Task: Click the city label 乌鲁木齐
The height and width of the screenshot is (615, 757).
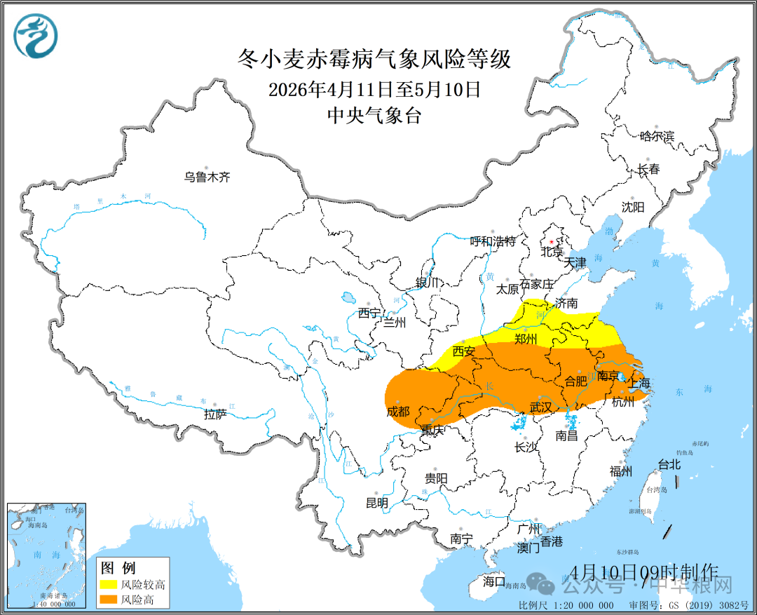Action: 207,177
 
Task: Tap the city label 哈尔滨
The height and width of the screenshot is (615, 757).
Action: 657,136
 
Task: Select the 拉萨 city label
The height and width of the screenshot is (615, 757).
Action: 215,414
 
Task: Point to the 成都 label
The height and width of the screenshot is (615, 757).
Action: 397,412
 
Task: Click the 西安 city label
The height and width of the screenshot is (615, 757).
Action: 464,351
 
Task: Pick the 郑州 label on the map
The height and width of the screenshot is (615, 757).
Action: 526,339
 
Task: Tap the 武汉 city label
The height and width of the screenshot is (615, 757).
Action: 541,407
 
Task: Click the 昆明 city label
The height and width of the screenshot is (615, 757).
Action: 376,502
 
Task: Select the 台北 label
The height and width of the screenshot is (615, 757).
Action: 669,464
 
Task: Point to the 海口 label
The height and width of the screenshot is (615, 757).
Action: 493,581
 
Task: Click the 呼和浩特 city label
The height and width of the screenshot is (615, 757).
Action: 493,241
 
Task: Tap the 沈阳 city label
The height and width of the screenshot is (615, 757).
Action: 633,207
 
